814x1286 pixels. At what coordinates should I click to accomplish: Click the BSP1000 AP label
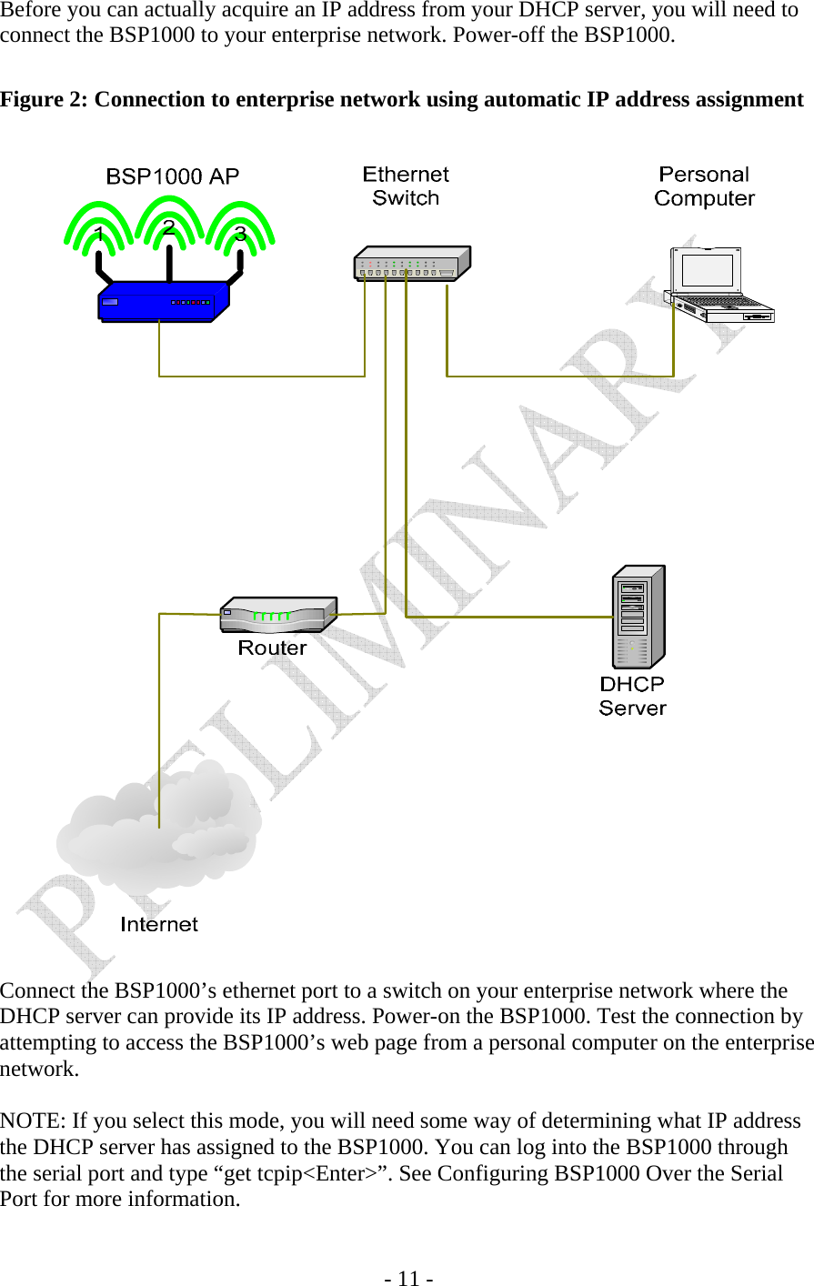pos(172,176)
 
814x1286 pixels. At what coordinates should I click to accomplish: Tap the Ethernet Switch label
pos(406,186)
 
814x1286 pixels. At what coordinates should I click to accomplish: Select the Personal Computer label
pos(704,186)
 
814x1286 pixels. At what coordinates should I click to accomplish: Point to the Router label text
pos(272,648)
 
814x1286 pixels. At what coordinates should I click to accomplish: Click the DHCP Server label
pos(632,696)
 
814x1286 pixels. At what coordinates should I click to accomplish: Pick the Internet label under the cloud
pos(159,924)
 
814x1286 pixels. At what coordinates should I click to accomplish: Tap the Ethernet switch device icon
pos(411,263)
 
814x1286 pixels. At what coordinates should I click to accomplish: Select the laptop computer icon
pos(718,285)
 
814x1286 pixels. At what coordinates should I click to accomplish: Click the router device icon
pos(277,615)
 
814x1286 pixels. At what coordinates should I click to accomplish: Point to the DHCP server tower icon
pos(639,617)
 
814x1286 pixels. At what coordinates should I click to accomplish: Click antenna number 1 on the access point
pos(98,236)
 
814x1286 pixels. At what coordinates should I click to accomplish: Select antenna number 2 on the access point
pos(168,227)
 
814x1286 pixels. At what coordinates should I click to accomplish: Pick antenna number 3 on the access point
pos(240,234)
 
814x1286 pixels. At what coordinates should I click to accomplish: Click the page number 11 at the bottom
pos(407,1279)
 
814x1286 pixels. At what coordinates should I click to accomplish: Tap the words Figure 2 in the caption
pos(44,99)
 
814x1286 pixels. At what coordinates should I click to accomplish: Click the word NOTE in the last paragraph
pos(33,1120)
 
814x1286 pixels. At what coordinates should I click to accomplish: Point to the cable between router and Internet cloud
pos(159,718)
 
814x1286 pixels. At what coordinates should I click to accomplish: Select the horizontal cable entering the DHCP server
pos(509,617)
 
